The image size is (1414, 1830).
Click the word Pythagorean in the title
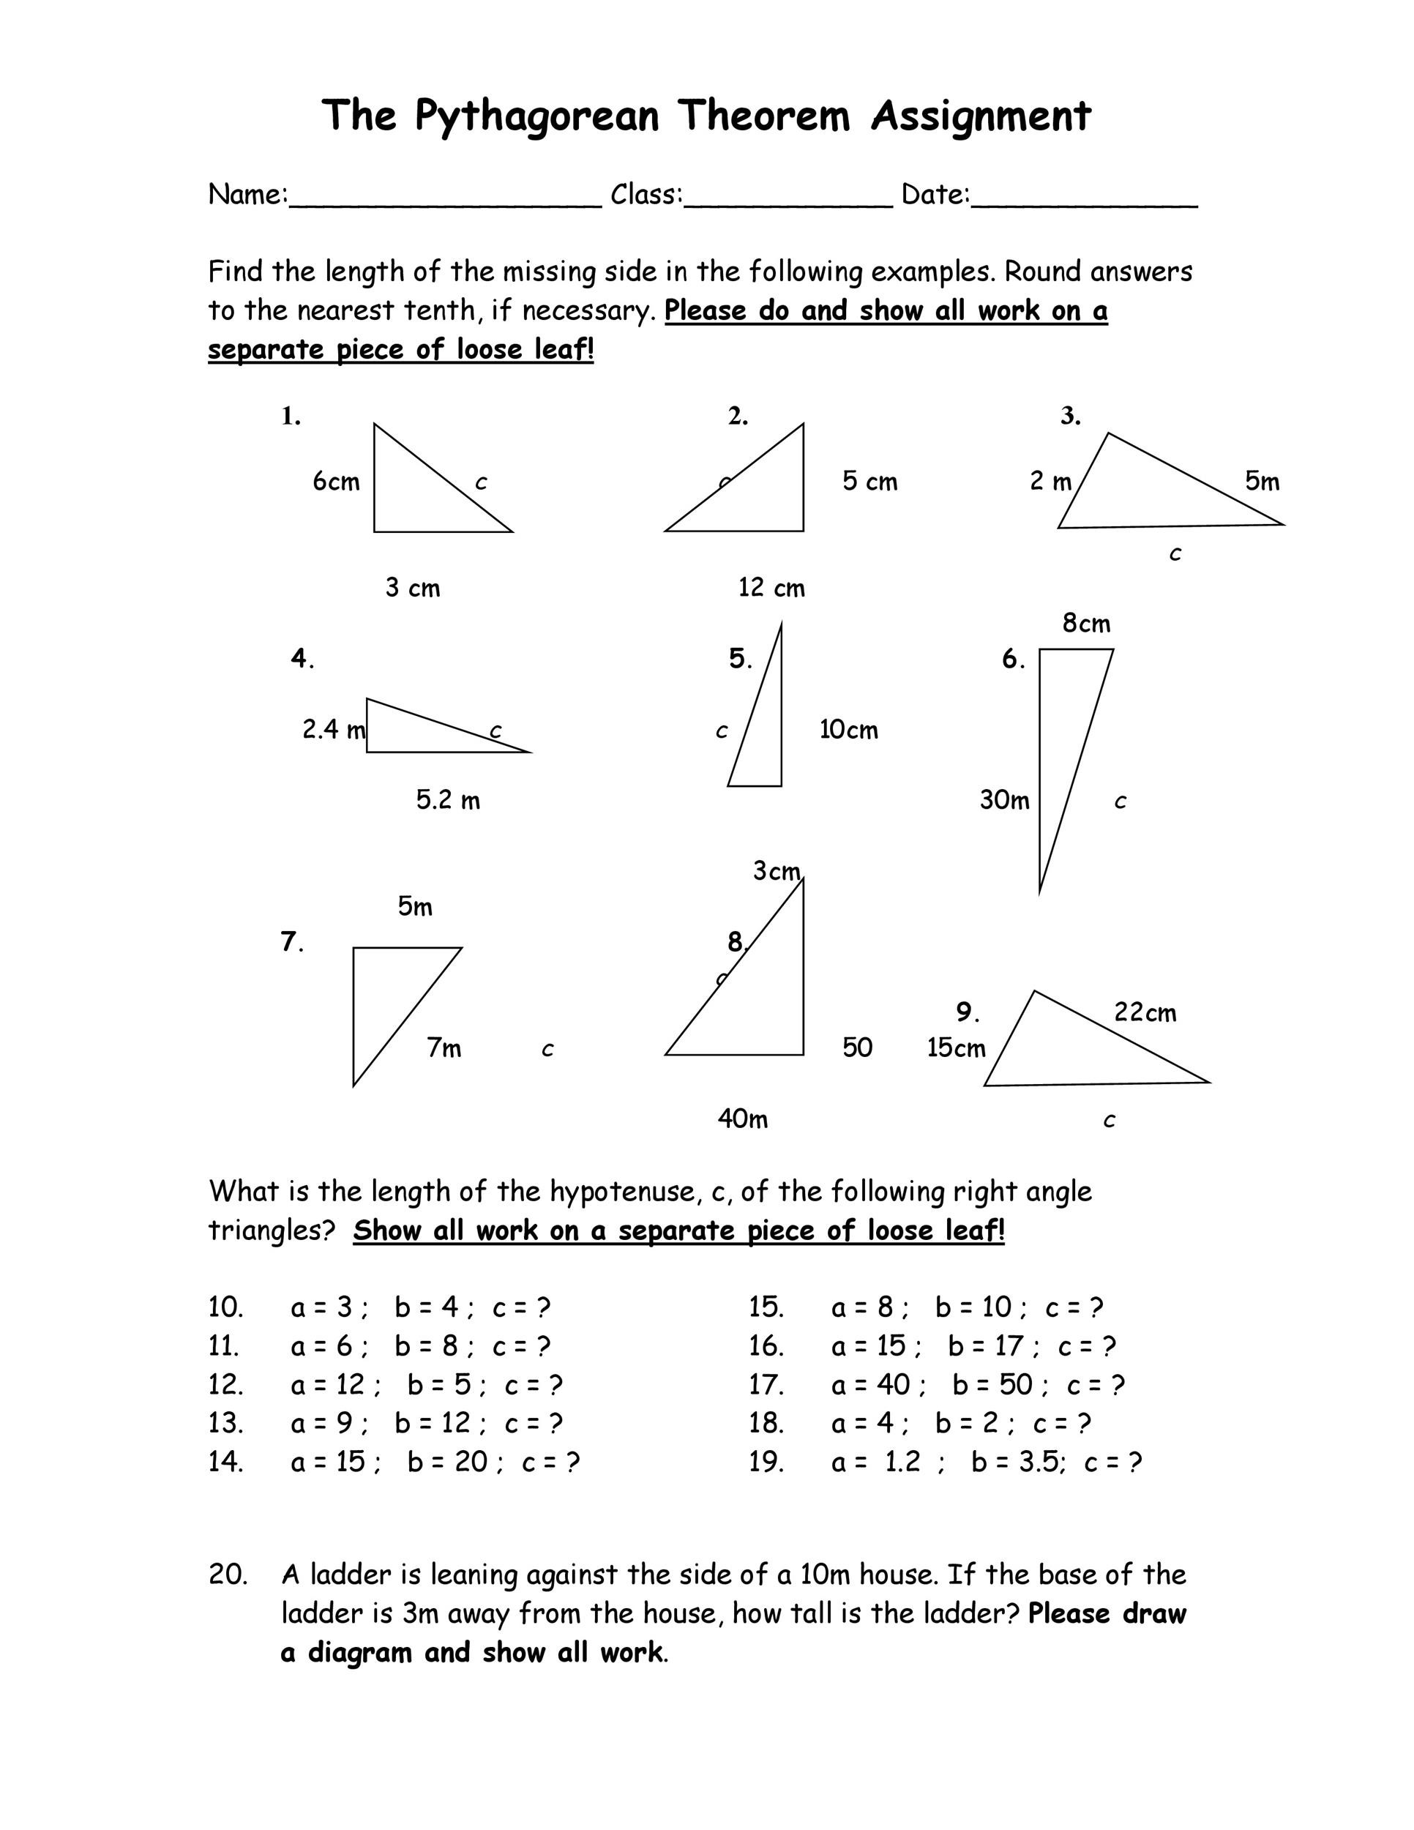[x=537, y=116]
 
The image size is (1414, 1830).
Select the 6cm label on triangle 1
[x=336, y=482]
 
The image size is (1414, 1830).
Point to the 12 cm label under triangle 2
[x=771, y=589]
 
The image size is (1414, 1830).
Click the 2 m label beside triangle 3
[x=1050, y=482]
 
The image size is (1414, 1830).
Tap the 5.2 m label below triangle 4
[x=448, y=800]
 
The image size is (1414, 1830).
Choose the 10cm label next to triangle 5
[x=848, y=730]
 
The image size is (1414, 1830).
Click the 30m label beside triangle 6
[x=1004, y=800]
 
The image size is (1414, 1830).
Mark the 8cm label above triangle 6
[x=1086, y=624]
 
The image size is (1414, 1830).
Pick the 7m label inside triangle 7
[x=444, y=1048]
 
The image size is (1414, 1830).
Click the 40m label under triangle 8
[x=743, y=1118]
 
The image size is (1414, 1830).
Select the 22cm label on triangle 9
[x=1145, y=1013]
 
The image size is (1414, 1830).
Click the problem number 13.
[x=225, y=1423]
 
